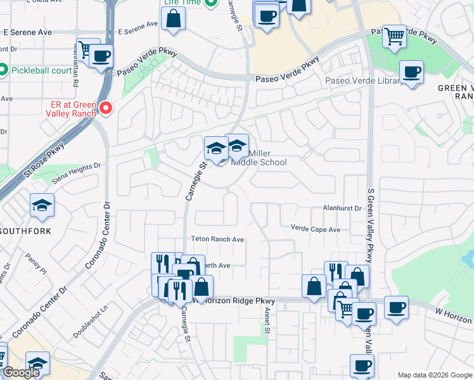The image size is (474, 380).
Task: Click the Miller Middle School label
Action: click(259, 158)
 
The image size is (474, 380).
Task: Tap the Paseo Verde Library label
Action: click(363, 80)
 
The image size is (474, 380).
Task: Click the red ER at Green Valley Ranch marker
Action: click(105, 108)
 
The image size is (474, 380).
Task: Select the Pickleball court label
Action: click(42, 70)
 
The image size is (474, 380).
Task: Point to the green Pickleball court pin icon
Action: click(4, 70)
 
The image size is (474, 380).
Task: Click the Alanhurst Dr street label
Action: click(341, 208)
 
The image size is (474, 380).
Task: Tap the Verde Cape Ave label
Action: click(316, 229)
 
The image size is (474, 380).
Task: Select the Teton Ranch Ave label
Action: click(218, 239)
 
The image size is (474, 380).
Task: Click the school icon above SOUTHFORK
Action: click(42, 205)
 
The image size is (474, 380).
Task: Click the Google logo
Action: click(21, 373)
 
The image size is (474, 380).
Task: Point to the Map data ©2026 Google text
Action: click(434, 375)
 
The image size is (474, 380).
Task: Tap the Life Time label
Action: click(181, 3)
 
